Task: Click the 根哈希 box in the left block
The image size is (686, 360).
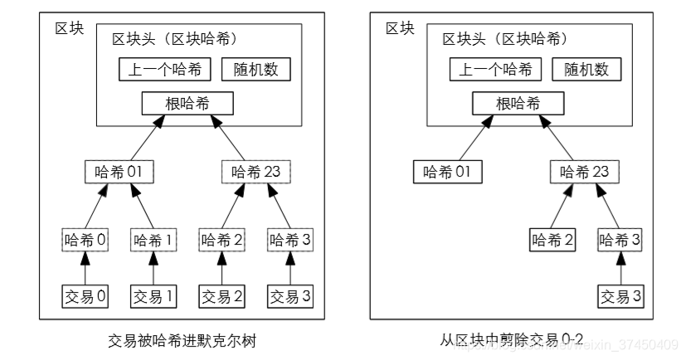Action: [x=187, y=104]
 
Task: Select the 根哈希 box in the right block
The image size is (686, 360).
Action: [x=518, y=104]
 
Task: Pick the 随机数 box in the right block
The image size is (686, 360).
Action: [x=586, y=69]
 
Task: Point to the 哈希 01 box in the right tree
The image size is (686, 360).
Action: [x=446, y=173]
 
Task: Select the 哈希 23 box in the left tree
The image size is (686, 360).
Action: [x=256, y=173]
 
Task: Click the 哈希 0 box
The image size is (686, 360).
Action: [x=85, y=241]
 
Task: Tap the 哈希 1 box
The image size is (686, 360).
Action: [x=153, y=241]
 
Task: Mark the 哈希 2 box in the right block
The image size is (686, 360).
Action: [x=553, y=241]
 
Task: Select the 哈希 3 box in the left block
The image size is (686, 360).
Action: [x=290, y=241]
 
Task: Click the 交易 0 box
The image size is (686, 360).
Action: [x=85, y=295]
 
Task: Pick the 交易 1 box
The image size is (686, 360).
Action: [x=153, y=295]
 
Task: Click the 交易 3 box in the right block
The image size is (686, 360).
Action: [x=621, y=295]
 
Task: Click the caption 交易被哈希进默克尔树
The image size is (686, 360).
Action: [x=188, y=341]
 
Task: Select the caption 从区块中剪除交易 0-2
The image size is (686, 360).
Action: [x=512, y=339]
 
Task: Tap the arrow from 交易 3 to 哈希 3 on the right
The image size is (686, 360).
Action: [x=621, y=268]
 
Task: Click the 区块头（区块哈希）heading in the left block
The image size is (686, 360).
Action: [x=174, y=39]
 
